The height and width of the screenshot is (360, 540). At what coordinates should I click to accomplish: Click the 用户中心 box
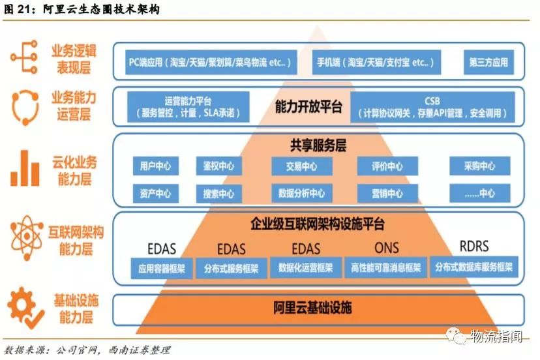pos(155,166)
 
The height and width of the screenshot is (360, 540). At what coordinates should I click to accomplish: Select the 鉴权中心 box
pos(218,166)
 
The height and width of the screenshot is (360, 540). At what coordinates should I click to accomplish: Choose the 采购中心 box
pos(479,166)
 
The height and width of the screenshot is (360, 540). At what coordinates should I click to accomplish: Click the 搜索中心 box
pos(218,193)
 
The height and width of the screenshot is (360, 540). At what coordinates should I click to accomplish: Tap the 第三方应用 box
pos(487,63)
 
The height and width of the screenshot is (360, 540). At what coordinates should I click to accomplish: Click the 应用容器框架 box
pos(162,267)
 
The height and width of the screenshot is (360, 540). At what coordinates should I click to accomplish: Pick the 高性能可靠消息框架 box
pos(386,267)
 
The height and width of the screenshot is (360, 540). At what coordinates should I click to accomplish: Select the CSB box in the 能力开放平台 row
pos(432,107)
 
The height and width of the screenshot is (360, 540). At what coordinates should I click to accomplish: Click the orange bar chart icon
pos(25,169)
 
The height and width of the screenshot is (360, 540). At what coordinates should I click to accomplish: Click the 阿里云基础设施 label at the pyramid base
pos(312,307)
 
